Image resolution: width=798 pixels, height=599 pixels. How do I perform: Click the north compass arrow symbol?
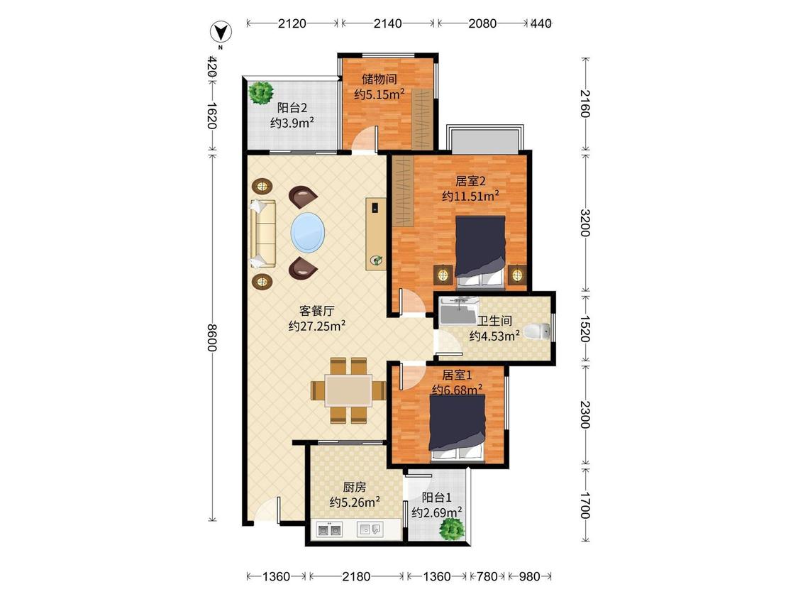[x=221, y=33]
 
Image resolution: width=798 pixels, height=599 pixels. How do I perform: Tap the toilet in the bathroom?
[x=537, y=331]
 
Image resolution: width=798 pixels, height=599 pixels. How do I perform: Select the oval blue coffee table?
[x=307, y=232]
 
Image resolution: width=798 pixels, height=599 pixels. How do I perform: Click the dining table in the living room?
[x=348, y=390]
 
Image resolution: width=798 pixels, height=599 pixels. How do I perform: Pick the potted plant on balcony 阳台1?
[x=450, y=529]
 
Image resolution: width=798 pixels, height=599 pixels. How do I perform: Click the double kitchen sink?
[x=328, y=530]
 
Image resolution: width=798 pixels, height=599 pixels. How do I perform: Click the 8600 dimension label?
[x=211, y=338]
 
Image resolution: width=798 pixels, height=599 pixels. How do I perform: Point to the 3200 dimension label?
[x=584, y=223]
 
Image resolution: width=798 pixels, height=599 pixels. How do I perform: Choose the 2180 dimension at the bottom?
[x=356, y=576]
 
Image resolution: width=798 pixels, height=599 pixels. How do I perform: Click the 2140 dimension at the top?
[x=387, y=23]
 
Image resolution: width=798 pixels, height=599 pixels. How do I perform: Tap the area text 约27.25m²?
[x=317, y=326]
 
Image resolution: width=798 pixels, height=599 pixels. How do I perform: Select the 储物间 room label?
[x=379, y=79]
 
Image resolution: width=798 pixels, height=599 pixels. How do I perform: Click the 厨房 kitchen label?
[x=354, y=487]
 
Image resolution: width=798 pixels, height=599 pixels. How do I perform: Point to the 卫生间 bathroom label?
[x=494, y=321]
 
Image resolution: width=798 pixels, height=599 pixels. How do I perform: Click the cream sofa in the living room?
[x=262, y=233]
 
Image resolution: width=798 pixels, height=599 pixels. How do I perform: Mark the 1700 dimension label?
[x=584, y=505]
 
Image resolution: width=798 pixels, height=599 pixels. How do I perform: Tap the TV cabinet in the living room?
[x=376, y=233]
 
